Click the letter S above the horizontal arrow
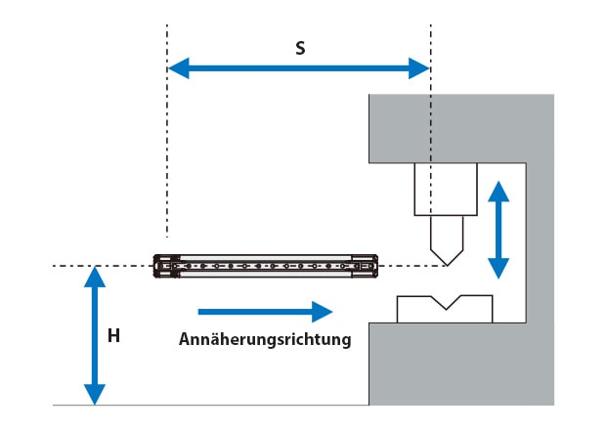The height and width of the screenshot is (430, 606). pos(300,48)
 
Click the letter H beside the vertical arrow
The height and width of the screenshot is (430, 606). pos(113,336)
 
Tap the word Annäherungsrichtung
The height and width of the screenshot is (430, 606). pos(265,339)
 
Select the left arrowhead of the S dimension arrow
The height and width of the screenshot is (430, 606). pos(179,68)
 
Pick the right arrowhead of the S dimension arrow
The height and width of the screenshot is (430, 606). pos(419,68)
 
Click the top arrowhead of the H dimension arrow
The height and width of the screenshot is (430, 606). pos(95,277)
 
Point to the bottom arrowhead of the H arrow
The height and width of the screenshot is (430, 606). pos(95,395)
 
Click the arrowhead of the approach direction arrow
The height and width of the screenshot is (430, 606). pos(322,312)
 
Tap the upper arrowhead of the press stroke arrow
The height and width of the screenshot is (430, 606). pos(498,192)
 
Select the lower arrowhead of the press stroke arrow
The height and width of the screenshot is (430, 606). pos(498,269)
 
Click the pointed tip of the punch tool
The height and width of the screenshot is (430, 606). pos(447,265)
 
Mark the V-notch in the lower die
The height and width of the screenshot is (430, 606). pos(446,303)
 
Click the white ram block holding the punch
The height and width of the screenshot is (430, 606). pos(446,190)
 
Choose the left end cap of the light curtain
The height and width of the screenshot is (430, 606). pos(166,266)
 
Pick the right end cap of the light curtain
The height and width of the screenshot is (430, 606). pos(365,266)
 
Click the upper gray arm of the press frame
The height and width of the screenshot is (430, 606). pos(460,128)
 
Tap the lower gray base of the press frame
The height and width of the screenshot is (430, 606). pos(460,364)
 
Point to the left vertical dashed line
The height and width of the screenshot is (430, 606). pos(167,131)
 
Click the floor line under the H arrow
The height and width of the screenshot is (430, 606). pos(210,405)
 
